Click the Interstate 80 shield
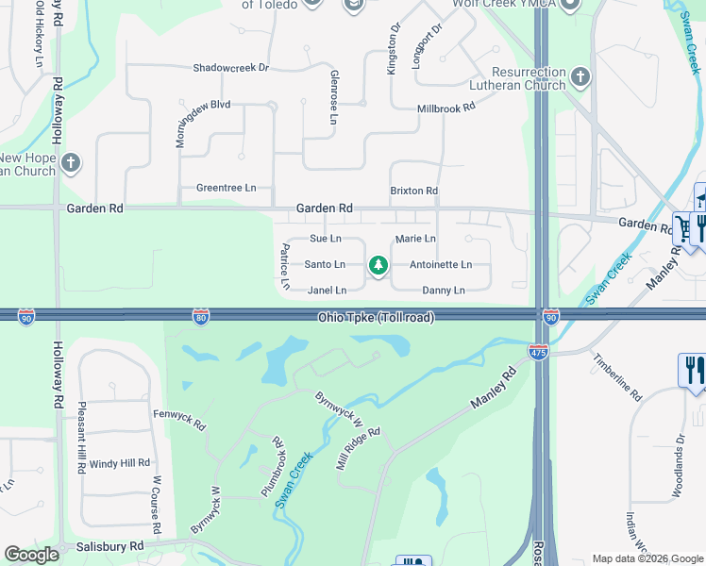point(200,318)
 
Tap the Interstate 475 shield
point(538,351)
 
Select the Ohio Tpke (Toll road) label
point(376,318)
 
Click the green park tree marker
point(378,266)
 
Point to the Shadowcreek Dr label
point(231,68)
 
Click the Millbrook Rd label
point(446,108)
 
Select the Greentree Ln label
point(226,188)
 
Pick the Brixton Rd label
point(414,191)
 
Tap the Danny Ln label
point(444,291)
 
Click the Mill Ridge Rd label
point(358,449)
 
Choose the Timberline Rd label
point(618,378)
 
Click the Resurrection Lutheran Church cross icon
point(580,77)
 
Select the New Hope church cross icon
point(70,164)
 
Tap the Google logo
point(32,555)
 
